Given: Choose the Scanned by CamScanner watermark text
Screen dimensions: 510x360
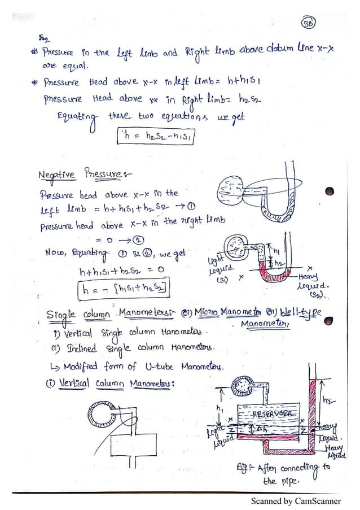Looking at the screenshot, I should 297,501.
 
